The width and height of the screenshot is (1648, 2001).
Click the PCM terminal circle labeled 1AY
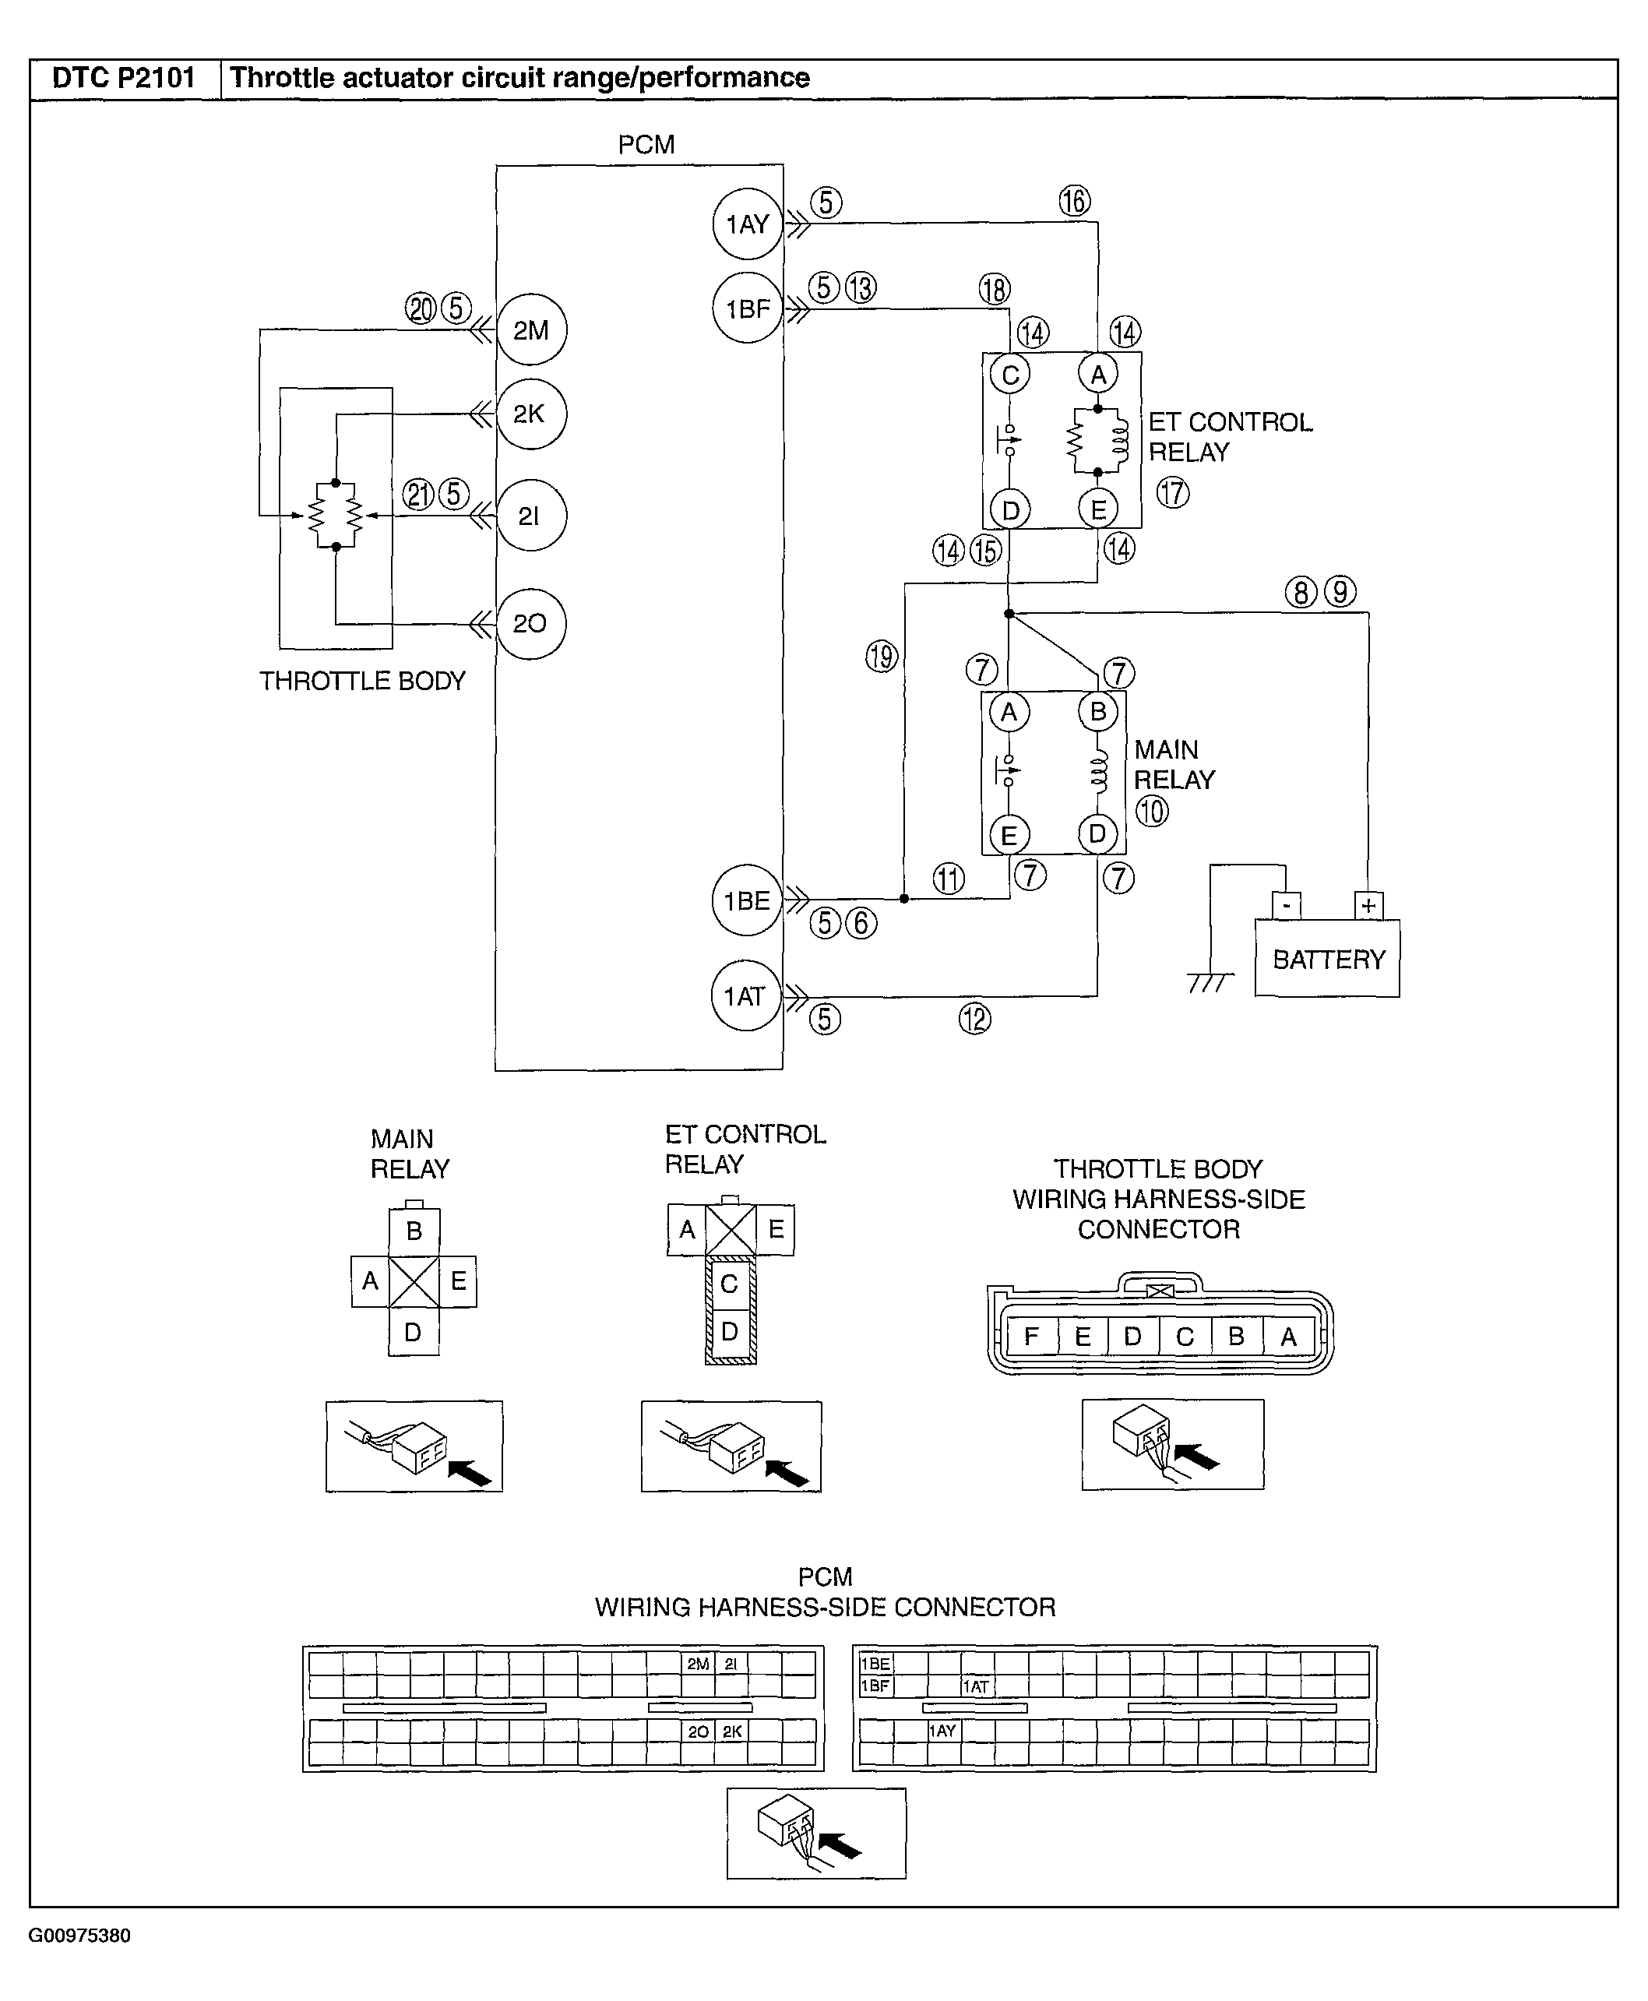747,224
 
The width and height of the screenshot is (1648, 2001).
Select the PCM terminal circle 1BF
747,308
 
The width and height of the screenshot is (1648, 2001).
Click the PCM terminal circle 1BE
746,900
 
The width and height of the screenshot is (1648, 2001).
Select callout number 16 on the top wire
1075,201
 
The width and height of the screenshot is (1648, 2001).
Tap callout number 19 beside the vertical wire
882,656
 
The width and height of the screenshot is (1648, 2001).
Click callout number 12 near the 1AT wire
975,1019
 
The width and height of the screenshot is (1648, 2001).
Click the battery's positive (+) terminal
1368,906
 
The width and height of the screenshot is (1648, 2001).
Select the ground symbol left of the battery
1210,981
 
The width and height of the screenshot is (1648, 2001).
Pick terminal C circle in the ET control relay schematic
1010,375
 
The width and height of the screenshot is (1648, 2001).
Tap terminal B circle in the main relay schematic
1098,712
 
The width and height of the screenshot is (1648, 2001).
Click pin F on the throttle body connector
1031,1337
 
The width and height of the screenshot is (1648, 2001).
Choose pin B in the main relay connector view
414,1231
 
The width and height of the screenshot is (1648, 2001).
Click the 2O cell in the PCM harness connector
698,1731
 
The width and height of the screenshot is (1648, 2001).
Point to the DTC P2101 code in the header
123,78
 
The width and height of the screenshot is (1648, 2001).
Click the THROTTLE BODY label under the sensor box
363,681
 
